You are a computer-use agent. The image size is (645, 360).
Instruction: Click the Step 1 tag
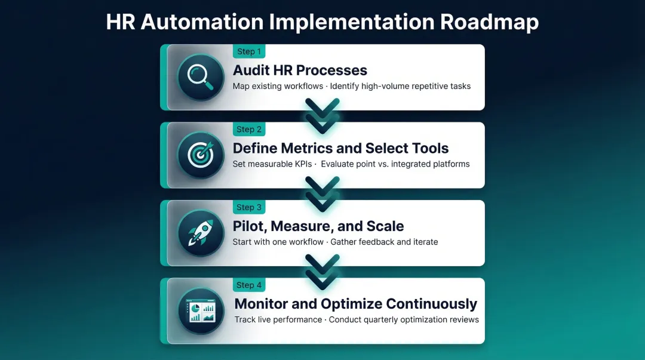point(249,51)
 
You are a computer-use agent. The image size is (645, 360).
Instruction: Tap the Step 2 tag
point(249,129)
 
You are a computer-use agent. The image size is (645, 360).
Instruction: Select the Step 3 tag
point(249,207)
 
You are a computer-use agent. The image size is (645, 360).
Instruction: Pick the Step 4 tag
point(249,285)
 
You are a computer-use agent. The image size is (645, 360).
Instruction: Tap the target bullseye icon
point(200,155)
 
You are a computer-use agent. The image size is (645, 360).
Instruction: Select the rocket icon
point(200,233)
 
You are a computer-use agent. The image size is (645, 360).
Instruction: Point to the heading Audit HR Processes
point(300,70)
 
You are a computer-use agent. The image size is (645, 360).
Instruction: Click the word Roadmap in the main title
point(489,21)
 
